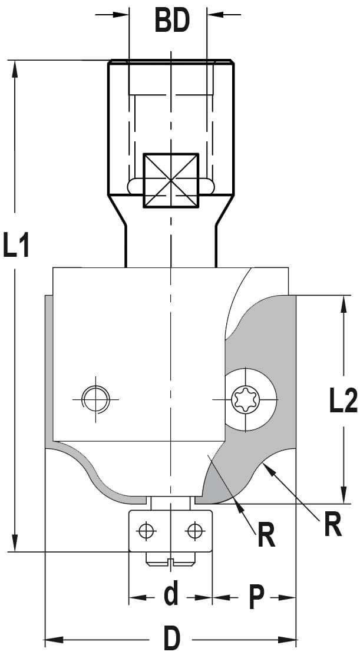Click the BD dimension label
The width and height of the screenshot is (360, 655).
172,21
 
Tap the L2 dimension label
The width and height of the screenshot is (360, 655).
344,401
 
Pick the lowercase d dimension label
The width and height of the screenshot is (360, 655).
171,593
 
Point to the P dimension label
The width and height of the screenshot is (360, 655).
256,597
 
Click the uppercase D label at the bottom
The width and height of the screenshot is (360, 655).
171,639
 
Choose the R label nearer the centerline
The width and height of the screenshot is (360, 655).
266,535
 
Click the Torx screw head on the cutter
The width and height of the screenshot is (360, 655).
246,400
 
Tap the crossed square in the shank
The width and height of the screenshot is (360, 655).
171,180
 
